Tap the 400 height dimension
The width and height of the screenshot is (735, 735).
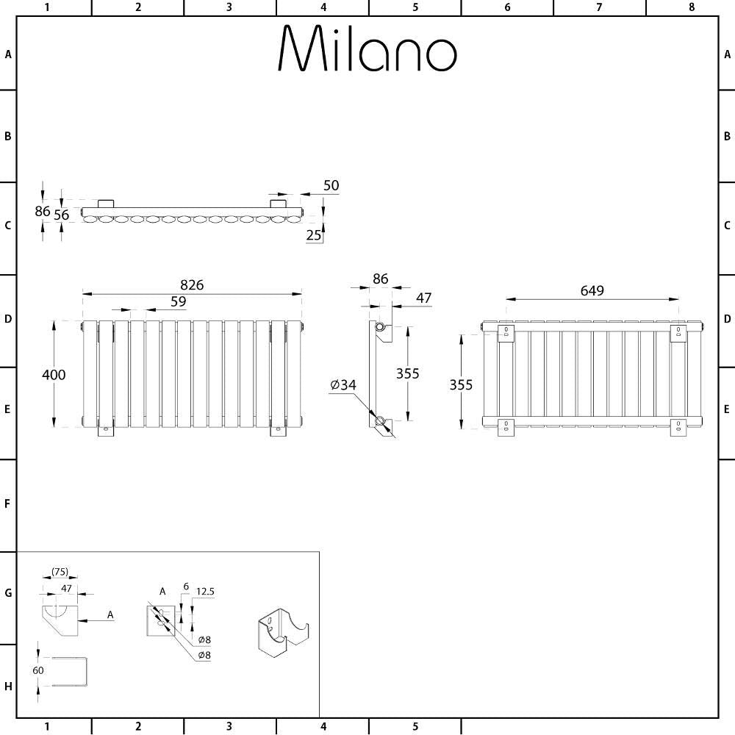click(53, 375)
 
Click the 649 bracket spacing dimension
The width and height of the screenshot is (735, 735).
click(592, 290)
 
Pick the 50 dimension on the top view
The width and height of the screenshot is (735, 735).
click(331, 186)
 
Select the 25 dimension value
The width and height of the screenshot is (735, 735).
click(314, 235)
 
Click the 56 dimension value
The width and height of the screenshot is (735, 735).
click(62, 215)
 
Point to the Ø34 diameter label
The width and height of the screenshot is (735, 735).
click(343, 384)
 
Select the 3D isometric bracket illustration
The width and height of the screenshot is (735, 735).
click(284, 633)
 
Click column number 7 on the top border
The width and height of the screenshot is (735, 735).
click(599, 7)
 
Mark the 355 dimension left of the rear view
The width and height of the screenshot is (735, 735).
click(462, 384)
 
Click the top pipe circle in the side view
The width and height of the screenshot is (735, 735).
click(380, 326)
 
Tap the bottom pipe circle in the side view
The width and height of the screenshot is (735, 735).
click(380, 420)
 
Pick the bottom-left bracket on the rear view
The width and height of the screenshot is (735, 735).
click(506, 426)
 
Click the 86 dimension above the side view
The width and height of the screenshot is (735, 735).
click(380, 279)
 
